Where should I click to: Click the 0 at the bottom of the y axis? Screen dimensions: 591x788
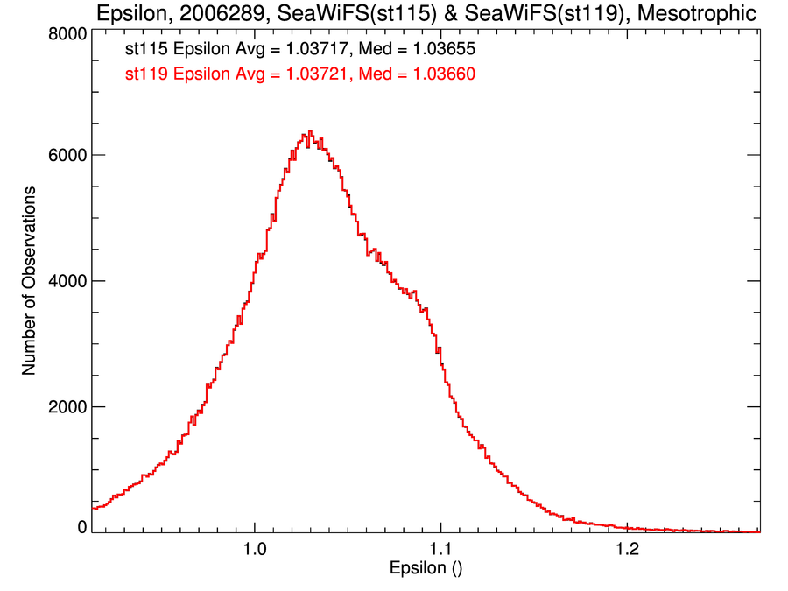point(81,527)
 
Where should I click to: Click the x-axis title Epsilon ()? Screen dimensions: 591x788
point(426,569)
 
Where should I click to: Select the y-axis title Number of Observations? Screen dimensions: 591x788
point(29,280)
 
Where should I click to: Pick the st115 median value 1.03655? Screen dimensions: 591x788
point(436,50)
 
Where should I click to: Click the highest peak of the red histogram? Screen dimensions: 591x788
point(310,131)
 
